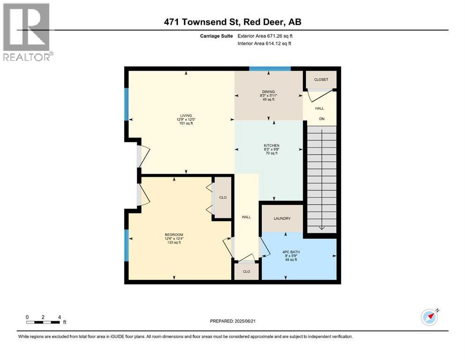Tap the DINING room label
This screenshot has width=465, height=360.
coord(268,91)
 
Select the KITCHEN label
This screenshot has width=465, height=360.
coord(271,145)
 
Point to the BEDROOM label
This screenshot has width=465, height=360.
coord(173,234)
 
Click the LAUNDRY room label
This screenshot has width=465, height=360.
coord(282,218)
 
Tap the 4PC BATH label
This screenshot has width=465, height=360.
coord(291,252)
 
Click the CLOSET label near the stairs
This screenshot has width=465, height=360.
coord(321,80)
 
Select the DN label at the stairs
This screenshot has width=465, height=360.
coord(322,119)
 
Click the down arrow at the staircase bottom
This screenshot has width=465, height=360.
coord(321,227)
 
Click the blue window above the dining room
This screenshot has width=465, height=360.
coord(270,69)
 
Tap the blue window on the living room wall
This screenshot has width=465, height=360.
coord(126,104)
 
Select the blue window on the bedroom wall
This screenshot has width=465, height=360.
coord(126,245)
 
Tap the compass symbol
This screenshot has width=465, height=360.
coord(429,317)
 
